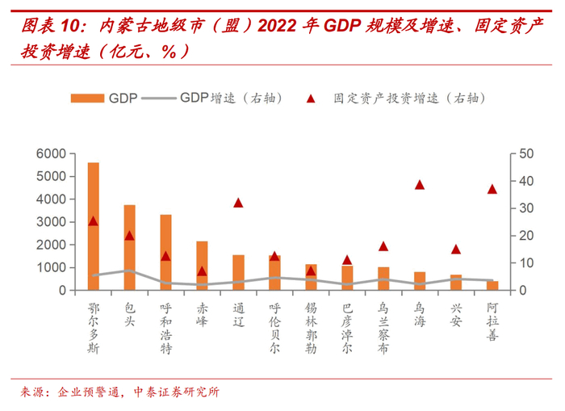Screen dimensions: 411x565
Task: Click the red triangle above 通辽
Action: (238, 203)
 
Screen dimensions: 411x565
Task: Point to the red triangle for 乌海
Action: (420, 185)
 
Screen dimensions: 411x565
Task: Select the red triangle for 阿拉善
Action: (492, 189)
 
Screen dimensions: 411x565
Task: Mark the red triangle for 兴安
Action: (456, 250)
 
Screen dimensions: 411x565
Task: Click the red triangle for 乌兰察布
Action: (383, 246)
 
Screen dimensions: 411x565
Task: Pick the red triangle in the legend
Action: (310, 98)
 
